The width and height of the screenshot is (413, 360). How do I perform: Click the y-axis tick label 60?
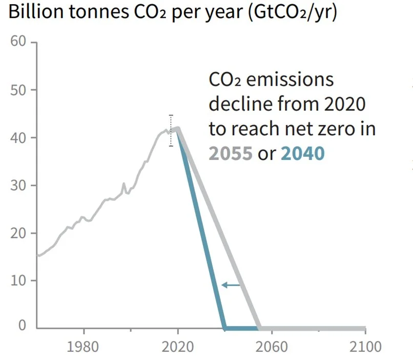point(18,42)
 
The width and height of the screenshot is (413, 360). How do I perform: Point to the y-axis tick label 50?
point(18,90)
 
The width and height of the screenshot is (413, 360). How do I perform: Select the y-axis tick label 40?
point(18,137)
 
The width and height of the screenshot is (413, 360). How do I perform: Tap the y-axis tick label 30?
point(18,185)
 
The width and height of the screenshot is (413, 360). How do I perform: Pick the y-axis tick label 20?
point(18,233)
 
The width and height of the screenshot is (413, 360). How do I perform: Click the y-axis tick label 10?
point(18,281)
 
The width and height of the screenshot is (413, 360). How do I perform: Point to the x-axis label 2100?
point(365,346)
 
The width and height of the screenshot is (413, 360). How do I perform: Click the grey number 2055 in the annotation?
point(231,153)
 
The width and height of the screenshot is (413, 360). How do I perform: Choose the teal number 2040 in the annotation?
point(303,153)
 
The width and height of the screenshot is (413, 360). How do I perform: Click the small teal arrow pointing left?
point(231,285)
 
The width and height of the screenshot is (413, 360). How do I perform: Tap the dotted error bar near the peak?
point(171,130)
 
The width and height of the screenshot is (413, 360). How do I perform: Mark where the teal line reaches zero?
point(224,328)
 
